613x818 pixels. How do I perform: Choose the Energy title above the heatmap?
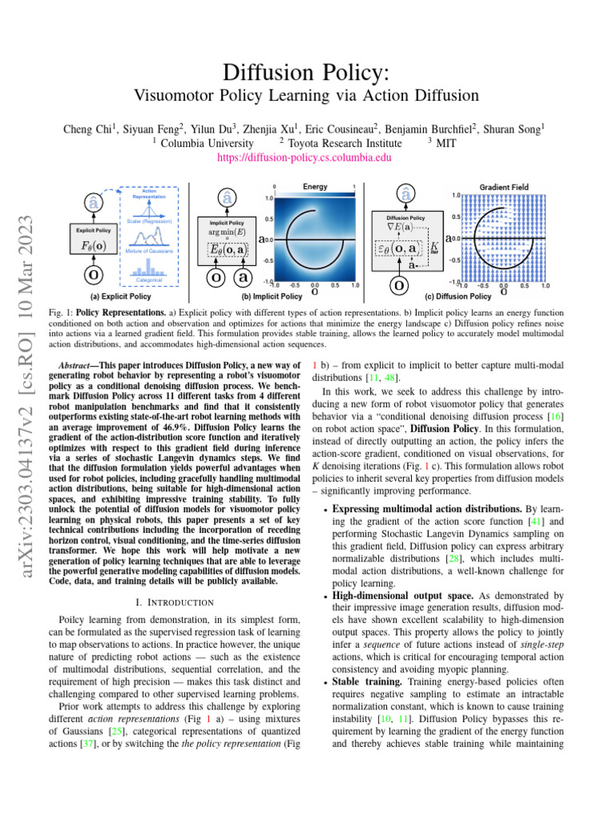click(315, 186)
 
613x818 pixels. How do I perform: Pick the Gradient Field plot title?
click(506, 186)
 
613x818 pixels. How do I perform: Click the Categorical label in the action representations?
click(150, 280)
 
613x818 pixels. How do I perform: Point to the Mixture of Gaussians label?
click(150, 252)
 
